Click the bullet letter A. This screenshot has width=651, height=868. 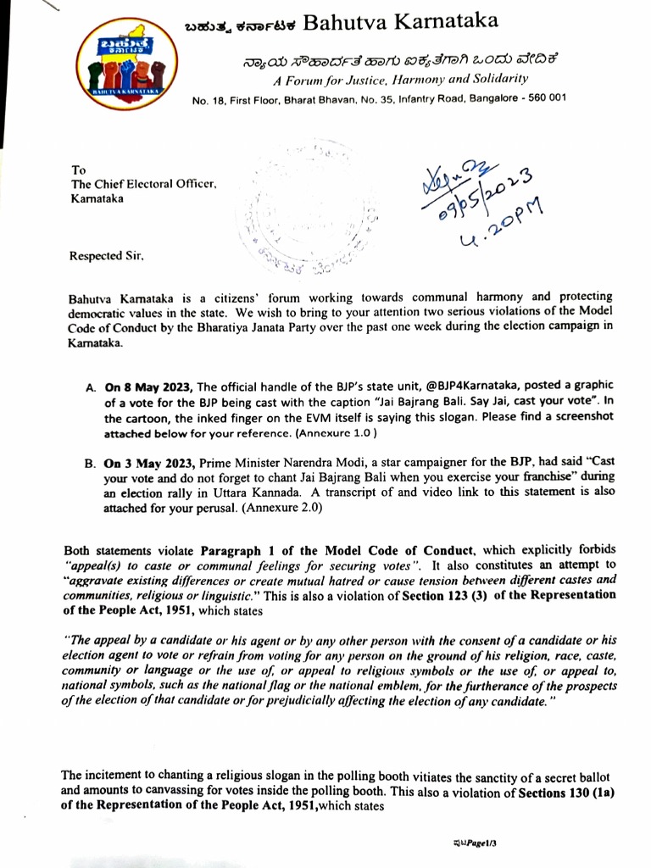click(x=90, y=387)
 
